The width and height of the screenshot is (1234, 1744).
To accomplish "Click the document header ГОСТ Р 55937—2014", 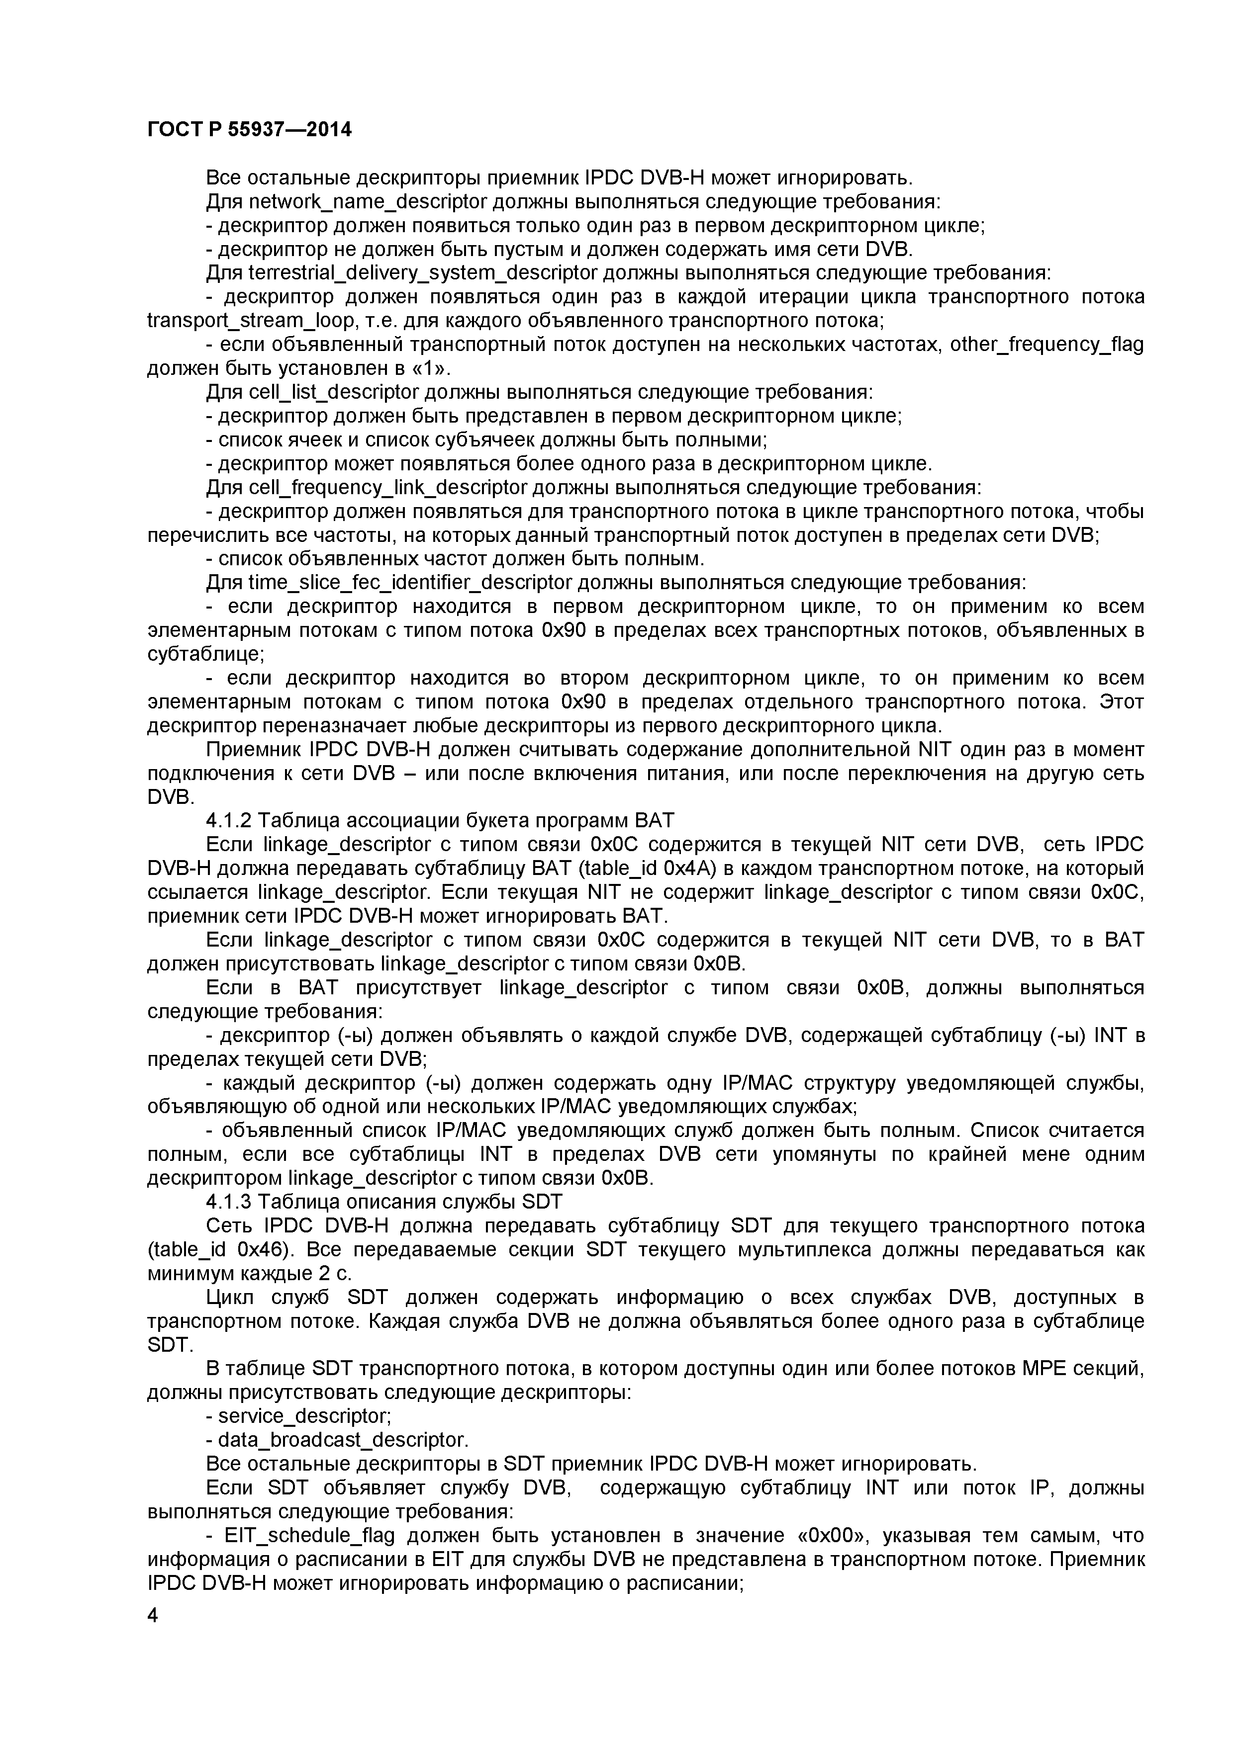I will click(x=249, y=130).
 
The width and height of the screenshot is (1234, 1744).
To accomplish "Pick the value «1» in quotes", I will click(x=431, y=369).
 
